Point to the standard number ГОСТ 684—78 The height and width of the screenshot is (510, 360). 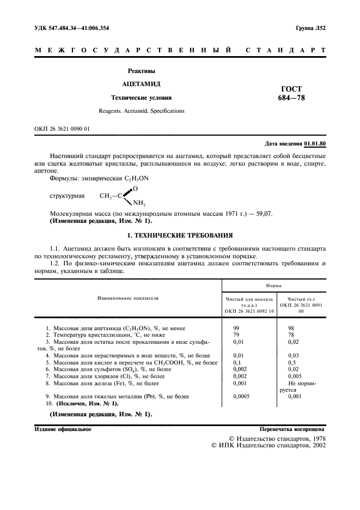tap(290, 93)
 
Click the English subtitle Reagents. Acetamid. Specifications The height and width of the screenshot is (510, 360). tap(142, 111)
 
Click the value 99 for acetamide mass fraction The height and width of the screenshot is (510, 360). tap(236, 329)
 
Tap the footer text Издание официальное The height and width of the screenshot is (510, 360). tap(63, 429)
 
